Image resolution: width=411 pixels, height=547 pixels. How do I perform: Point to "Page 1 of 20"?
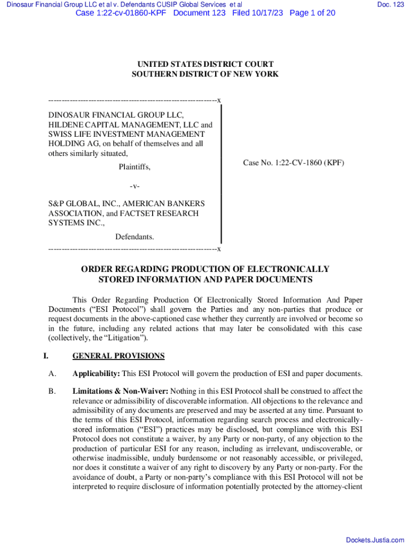click(312, 13)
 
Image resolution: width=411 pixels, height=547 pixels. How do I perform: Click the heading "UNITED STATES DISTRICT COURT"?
click(205, 65)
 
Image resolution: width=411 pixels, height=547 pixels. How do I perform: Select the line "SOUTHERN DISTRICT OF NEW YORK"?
click(205, 74)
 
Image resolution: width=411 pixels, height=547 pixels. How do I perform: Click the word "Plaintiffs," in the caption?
click(135, 167)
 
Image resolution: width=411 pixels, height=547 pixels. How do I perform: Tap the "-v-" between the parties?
click(135, 186)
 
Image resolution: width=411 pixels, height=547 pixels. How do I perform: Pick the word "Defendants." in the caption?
click(135, 237)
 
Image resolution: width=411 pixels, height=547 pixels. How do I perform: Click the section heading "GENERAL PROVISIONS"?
click(118, 356)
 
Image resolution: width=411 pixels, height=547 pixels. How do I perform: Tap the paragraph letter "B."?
click(52, 391)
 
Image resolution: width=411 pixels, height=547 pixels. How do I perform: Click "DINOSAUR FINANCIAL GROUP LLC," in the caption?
click(116, 115)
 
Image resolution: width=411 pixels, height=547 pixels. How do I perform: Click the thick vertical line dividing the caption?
click(220, 174)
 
